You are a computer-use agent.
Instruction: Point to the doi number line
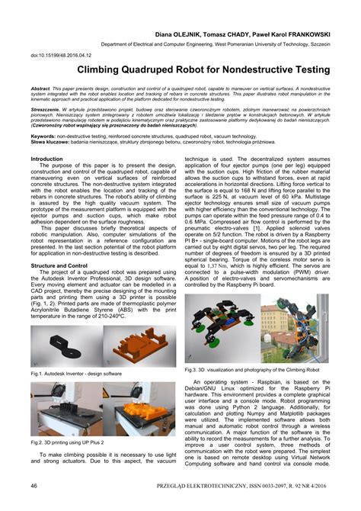(x=59, y=55)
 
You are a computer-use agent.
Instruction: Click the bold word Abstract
(x=41, y=88)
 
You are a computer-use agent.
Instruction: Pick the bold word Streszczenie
(x=46, y=109)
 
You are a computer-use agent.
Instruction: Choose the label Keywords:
(x=45, y=135)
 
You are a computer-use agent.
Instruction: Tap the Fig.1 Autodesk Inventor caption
(x=76, y=374)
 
